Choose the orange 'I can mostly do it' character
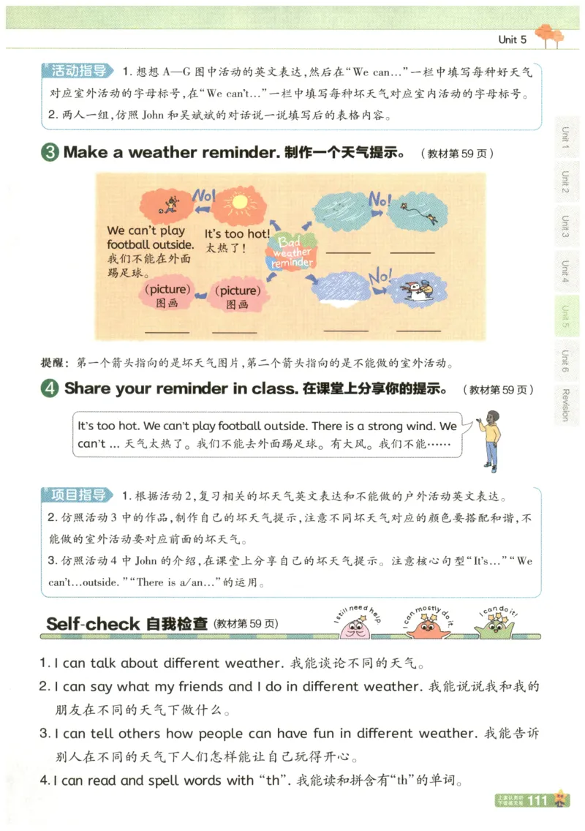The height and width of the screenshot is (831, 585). (426, 627)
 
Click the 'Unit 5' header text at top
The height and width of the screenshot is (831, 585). (512, 40)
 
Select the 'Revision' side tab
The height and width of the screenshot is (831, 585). (565, 404)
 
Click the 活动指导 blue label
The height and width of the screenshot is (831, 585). (79, 71)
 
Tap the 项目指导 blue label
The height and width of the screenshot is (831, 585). (79, 495)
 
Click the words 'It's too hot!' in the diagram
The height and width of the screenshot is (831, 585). (237, 234)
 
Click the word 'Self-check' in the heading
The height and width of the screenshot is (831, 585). (92, 624)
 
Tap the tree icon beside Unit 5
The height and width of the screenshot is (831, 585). (549, 35)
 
